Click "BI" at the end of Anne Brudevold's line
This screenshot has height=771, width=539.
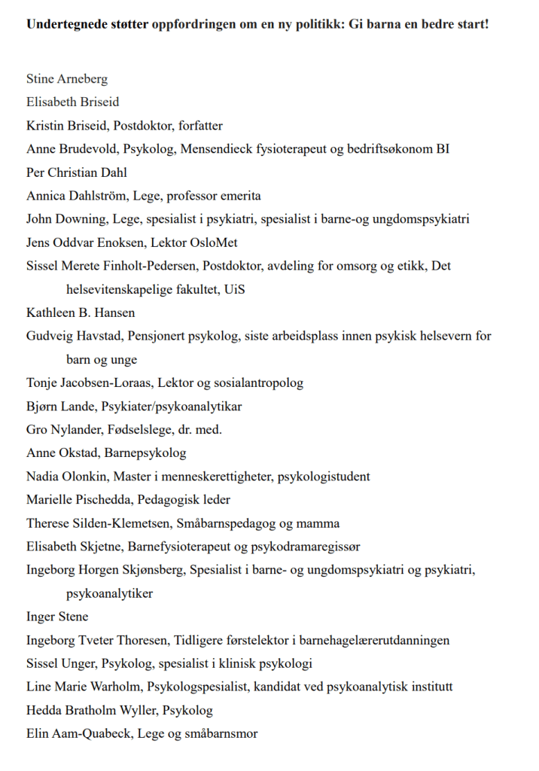tap(443, 149)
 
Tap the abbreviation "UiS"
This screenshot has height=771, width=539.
tap(233, 289)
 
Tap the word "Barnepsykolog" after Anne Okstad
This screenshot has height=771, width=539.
tap(146, 453)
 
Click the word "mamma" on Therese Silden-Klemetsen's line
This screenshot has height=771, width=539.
tap(319, 523)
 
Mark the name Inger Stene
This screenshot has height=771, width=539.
tap(57, 617)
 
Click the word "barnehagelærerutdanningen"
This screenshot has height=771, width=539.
tap(374, 640)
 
